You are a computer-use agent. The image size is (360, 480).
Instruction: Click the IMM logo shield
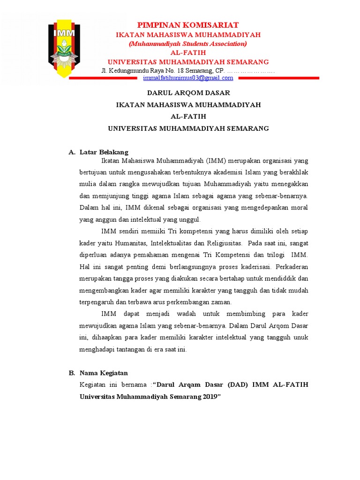point(65,48)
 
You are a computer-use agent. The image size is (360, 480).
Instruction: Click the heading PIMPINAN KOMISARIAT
point(188,25)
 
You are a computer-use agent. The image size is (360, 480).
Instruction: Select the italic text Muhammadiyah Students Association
point(188,44)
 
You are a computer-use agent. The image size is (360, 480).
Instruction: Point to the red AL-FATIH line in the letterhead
point(188,52)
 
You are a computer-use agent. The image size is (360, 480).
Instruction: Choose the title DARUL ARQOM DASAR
point(188,93)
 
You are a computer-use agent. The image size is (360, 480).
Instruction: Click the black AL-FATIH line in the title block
point(188,116)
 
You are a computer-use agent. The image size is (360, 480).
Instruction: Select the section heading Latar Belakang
point(104,152)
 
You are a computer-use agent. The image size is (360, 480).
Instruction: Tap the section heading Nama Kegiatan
point(104,373)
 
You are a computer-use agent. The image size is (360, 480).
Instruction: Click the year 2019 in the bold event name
point(210,397)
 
